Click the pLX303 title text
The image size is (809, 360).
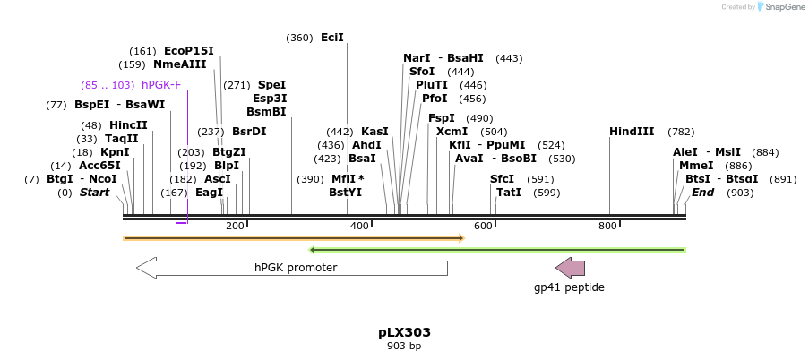click(404, 332)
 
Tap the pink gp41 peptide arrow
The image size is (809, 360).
click(570, 268)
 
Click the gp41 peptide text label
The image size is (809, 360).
click(569, 287)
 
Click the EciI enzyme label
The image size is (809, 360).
click(332, 38)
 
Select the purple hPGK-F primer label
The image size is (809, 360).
click(161, 85)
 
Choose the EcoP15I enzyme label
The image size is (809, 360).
click(189, 51)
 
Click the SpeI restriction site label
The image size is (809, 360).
click(271, 85)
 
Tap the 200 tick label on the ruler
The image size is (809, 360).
click(236, 227)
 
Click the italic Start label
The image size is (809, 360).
click(94, 193)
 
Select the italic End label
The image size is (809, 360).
click(703, 193)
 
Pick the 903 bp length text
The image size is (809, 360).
click(404, 346)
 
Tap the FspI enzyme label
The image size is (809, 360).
click(442, 118)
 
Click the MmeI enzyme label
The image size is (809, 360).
click(696, 166)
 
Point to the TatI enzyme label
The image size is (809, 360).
click(509, 193)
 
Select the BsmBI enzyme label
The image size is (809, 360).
click(266, 112)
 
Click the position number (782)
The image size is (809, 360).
click(681, 132)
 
